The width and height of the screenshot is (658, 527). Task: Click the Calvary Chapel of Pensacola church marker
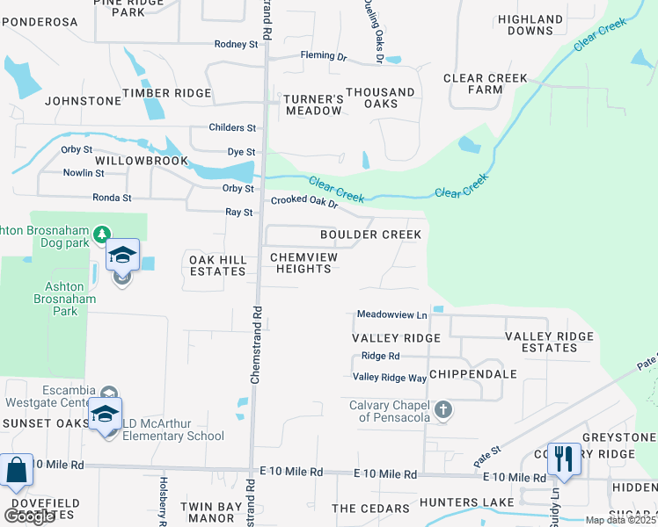(x=444, y=410)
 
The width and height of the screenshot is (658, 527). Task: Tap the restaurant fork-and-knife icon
(x=563, y=458)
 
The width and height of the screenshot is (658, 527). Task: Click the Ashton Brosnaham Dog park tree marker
(x=102, y=234)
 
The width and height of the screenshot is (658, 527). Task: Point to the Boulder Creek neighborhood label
(x=370, y=235)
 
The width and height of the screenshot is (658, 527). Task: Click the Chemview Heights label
(x=303, y=263)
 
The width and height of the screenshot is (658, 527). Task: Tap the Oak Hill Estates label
(x=218, y=265)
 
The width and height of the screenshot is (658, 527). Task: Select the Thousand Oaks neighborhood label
(x=380, y=97)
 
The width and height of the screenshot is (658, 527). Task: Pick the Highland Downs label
(x=530, y=25)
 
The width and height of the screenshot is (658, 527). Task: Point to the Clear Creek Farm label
(x=486, y=83)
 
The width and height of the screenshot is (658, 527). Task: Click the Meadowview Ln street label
(x=391, y=314)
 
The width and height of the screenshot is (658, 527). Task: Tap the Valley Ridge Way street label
(x=390, y=378)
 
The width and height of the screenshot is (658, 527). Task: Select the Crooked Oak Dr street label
(x=304, y=201)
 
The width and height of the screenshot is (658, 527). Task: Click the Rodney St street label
(x=236, y=44)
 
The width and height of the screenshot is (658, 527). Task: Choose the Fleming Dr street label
(x=323, y=56)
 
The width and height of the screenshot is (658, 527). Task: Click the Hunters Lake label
(x=460, y=502)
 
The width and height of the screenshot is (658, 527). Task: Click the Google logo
(x=29, y=516)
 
